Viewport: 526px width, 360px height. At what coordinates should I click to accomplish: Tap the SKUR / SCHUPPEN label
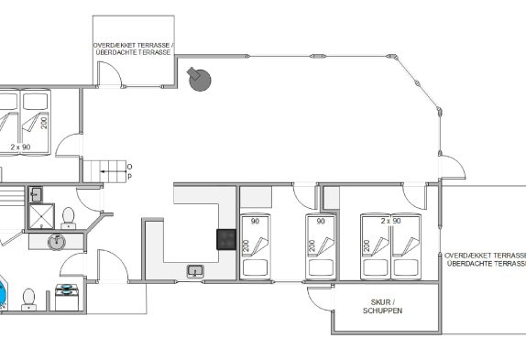[x=382, y=306]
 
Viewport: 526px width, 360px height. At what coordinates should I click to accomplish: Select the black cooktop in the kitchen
[x=226, y=239]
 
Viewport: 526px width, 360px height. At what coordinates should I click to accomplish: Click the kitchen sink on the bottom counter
[x=195, y=271]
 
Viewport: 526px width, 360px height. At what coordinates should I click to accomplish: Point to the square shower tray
[x=41, y=216]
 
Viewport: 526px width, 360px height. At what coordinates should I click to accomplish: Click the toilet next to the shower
[x=69, y=218]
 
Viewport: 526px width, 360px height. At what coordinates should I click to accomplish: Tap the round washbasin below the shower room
[x=57, y=242]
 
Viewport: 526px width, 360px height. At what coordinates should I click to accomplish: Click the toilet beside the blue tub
[x=28, y=299]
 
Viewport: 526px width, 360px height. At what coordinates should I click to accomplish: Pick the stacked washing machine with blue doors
[x=67, y=298]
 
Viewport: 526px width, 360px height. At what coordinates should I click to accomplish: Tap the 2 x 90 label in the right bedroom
[x=390, y=221]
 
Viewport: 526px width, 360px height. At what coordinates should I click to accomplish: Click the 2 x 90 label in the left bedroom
[x=20, y=147]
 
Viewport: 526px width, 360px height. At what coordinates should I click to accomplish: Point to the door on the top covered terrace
[x=110, y=74]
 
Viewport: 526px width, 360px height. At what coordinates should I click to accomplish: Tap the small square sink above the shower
[x=36, y=194]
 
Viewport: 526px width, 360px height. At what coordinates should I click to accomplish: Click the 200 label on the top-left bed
[x=44, y=123]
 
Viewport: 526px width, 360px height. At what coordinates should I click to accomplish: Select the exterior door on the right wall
[x=452, y=167]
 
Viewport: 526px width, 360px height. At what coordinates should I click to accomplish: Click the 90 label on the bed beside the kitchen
[x=256, y=222]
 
